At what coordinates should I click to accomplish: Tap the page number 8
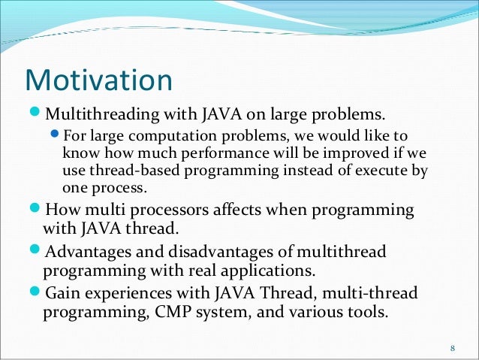[x=453, y=348]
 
